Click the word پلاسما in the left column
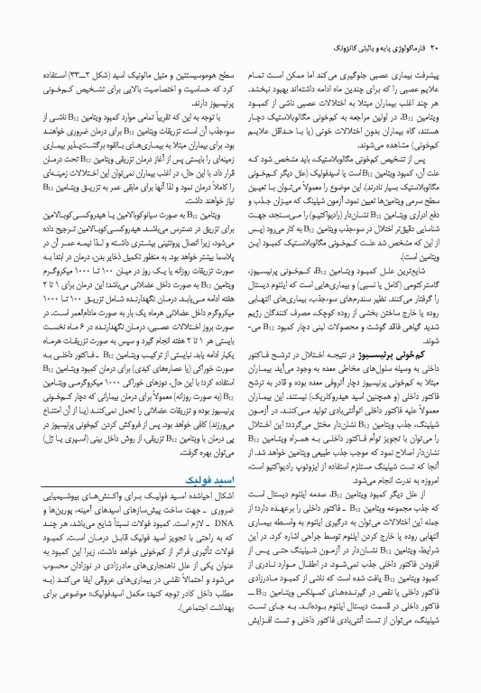209,244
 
